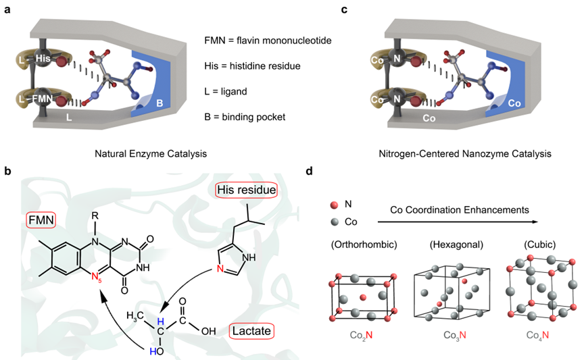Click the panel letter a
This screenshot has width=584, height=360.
pyautogui.click(x=5, y=9)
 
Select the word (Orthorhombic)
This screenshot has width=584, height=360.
pyautogui.click(x=360, y=243)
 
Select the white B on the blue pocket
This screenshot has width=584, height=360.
pyautogui.click(x=159, y=104)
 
